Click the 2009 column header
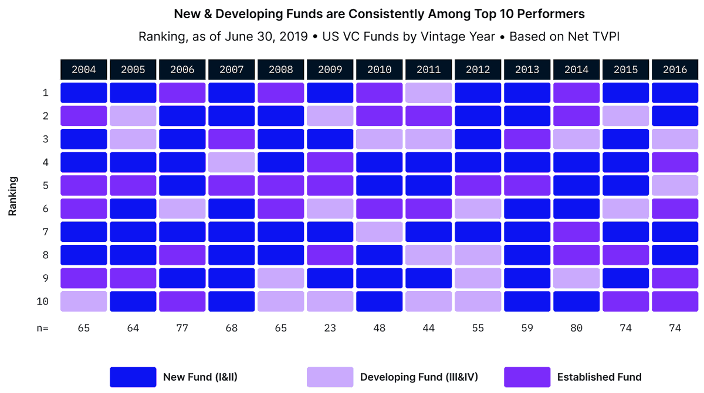[330, 69]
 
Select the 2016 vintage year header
[675, 69]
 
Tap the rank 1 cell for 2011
[428, 93]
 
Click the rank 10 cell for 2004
[83, 302]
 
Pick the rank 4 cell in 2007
[231, 162]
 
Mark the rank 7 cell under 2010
[379, 232]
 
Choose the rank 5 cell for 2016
[675, 186]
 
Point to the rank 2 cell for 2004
[83, 116]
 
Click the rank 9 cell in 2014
[576, 278]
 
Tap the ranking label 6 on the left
[45, 209]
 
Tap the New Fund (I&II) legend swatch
[133, 377]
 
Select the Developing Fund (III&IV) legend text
[419, 377]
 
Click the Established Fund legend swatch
[527, 377]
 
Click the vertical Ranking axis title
[12, 196]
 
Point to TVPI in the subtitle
[607, 36]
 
